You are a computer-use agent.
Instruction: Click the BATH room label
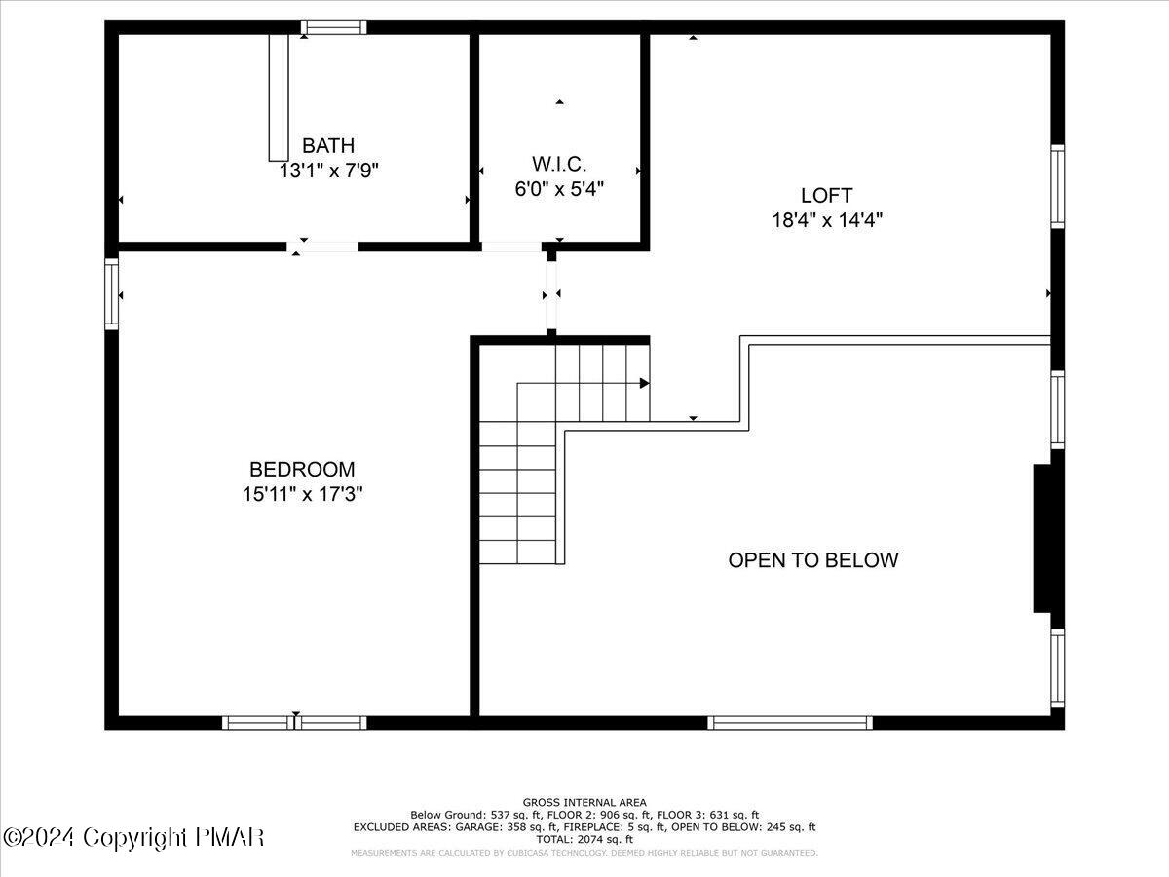(x=328, y=146)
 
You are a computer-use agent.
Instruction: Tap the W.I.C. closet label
(x=559, y=165)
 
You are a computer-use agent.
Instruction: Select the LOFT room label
(x=826, y=195)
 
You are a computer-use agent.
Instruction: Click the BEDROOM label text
(x=302, y=470)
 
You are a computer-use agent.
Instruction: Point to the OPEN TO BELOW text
(x=813, y=560)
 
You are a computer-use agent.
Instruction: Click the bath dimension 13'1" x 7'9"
(x=328, y=171)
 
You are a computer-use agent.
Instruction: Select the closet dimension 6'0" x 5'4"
(x=559, y=189)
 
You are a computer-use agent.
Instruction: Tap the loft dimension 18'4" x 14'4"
(x=827, y=220)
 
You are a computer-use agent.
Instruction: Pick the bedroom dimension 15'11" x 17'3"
(x=302, y=494)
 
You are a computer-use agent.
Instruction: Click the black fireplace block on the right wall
(x=1042, y=539)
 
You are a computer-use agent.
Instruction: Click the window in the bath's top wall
(x=333, y=27)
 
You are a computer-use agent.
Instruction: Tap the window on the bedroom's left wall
(x=111, y=293)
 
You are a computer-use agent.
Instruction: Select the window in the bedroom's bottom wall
(x=294, y=723)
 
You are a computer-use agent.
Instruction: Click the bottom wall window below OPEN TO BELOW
(x=789, y=723)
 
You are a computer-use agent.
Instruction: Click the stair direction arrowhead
(x=644, y=383)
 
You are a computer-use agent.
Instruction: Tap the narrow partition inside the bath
(x=279, y=97)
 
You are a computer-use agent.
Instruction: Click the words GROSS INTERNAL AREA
(x=584, y=802)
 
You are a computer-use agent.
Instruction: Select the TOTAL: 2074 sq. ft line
(x=584, y=839)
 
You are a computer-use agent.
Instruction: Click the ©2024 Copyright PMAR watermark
(x=133, y=837)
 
